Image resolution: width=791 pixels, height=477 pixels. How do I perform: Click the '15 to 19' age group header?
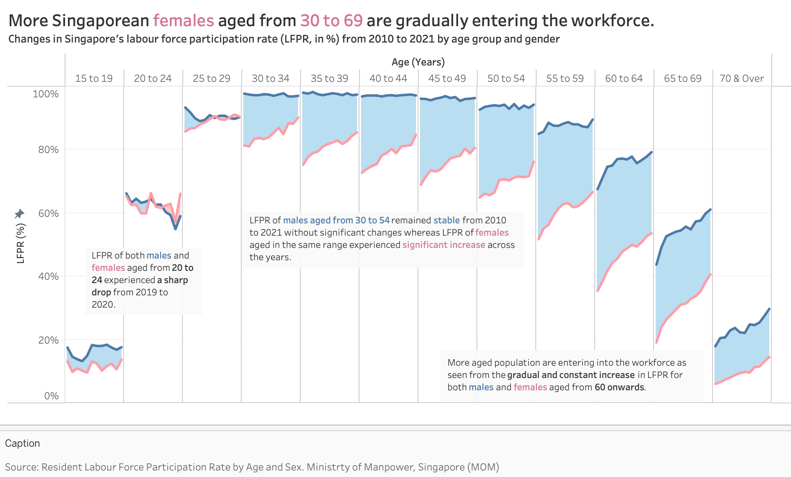[94, 78]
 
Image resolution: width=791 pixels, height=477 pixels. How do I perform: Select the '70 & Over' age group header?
[742, 78]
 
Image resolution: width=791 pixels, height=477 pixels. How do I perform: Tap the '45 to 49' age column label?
[447, 78]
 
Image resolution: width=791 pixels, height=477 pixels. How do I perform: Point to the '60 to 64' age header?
[624, 78]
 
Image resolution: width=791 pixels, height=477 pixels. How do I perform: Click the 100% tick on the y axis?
[45, 94]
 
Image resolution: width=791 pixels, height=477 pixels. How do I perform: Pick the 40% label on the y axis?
[48, 276]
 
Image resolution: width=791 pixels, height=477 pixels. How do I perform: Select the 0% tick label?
[51, 396]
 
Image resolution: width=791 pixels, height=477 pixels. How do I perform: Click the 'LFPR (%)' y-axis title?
[20, 243]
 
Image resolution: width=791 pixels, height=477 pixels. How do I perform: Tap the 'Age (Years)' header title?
[418, 62]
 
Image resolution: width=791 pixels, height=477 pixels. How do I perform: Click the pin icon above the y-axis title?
[20, 214]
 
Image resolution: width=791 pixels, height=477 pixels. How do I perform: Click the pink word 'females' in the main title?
[184, 20]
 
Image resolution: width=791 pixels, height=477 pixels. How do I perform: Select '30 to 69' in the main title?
[331, 20]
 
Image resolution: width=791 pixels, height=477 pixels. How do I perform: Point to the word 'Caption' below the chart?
[22, 443]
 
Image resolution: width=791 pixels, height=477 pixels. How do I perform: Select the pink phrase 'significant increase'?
[444, 245]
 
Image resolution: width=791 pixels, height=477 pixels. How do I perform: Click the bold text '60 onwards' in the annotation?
[619, 387]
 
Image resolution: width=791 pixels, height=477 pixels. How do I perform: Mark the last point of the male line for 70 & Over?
[769, 309]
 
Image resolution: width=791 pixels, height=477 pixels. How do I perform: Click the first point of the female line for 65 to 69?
[656, 342]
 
